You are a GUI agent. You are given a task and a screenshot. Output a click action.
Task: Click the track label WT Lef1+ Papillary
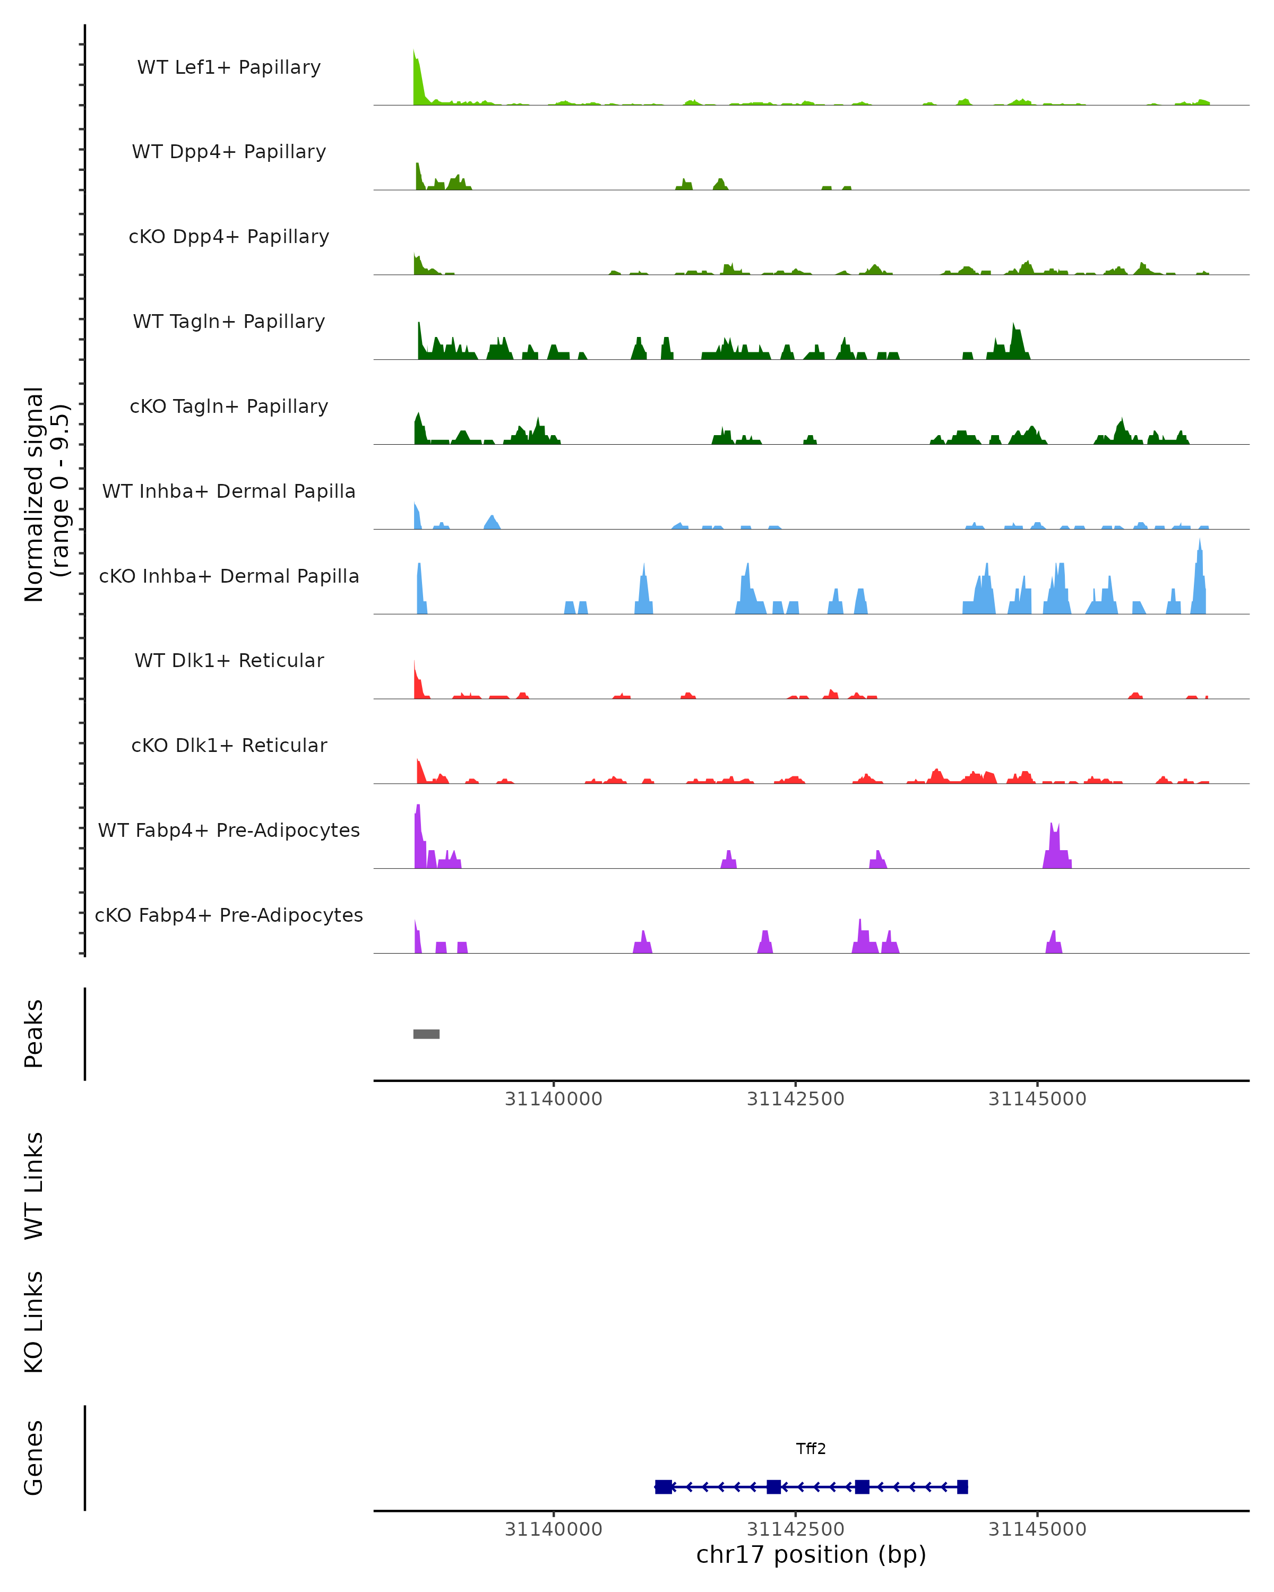tap(229, 67)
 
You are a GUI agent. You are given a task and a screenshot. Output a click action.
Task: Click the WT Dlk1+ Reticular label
tap(229, 660)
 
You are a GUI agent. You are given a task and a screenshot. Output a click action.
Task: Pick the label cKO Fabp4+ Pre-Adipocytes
tap(229, 915)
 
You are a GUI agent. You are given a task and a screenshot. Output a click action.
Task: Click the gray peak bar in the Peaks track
tap(426, 1034)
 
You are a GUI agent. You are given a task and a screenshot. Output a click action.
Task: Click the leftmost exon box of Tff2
tap(663, 1486)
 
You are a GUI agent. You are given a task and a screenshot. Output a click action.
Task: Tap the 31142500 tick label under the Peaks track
tap(795, 1100)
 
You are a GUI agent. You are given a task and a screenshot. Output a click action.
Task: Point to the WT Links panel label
tap(34, 1186)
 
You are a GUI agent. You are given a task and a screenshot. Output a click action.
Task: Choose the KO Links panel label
tap(34, 1322)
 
